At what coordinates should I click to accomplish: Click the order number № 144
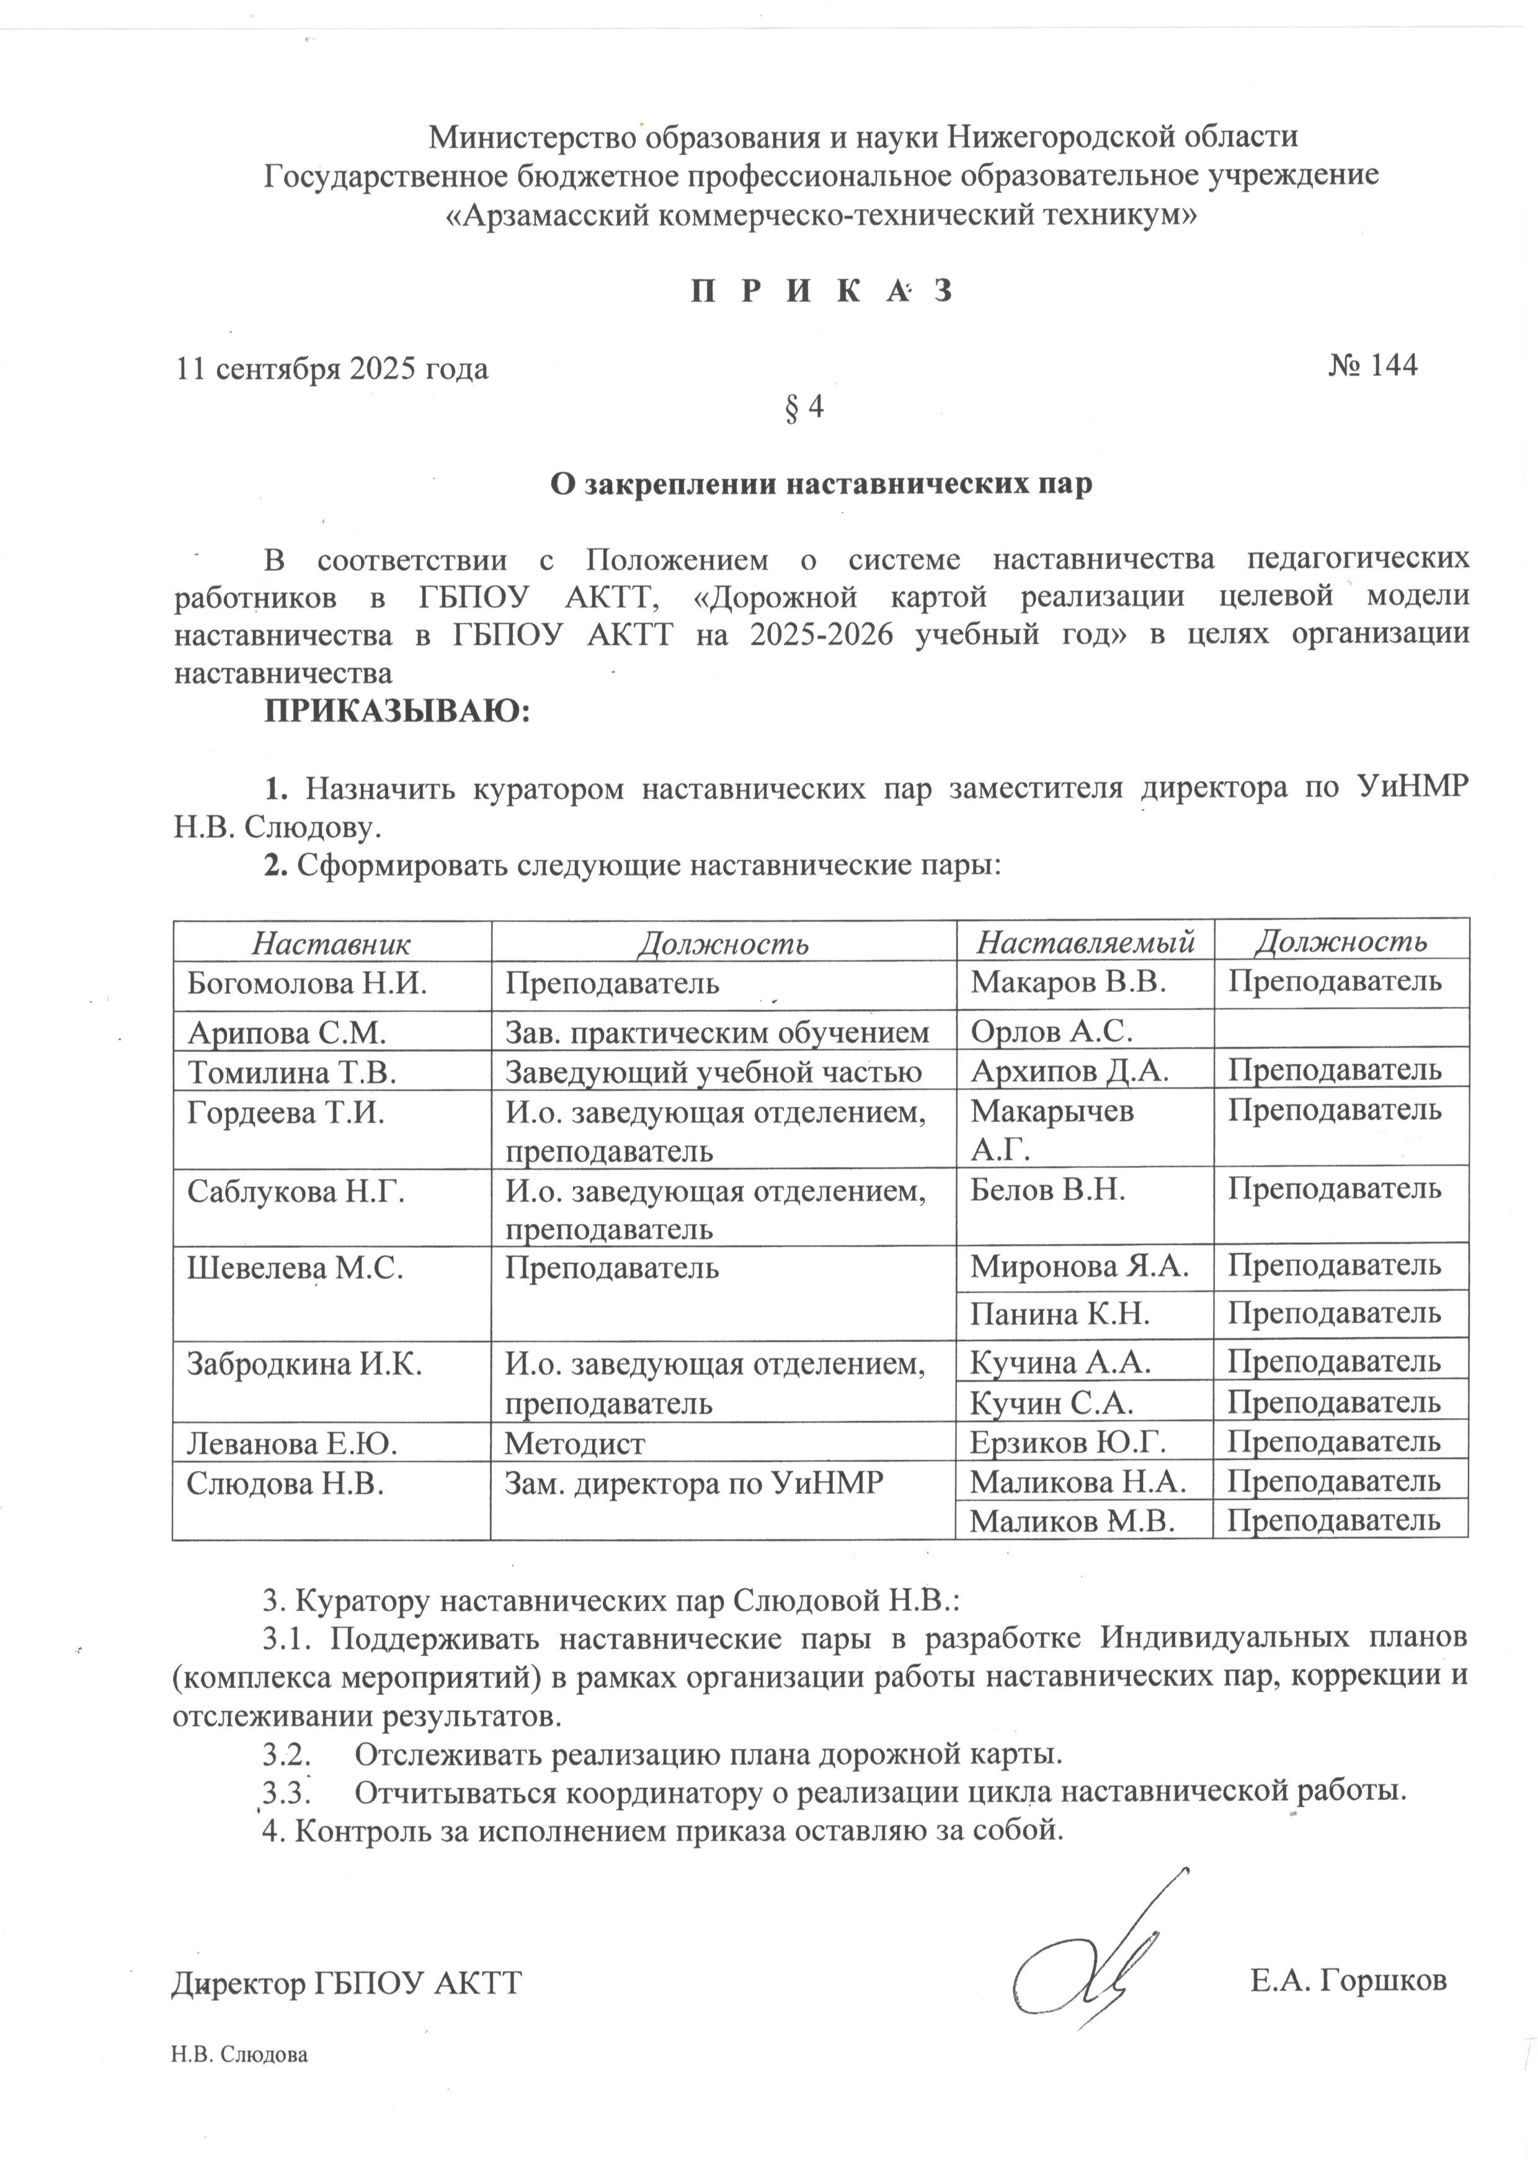(1372, 366)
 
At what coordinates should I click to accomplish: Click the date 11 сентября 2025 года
(332, 368)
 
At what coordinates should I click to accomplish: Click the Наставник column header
(331, 942)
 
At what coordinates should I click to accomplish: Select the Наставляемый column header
(1085, 942)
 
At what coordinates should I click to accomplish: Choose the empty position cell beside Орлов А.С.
(1340, 1029)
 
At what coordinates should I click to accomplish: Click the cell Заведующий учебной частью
(712, 1071)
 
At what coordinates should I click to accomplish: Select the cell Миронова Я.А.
(1078, 1266)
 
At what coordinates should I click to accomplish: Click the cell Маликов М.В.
(1072, 1521)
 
